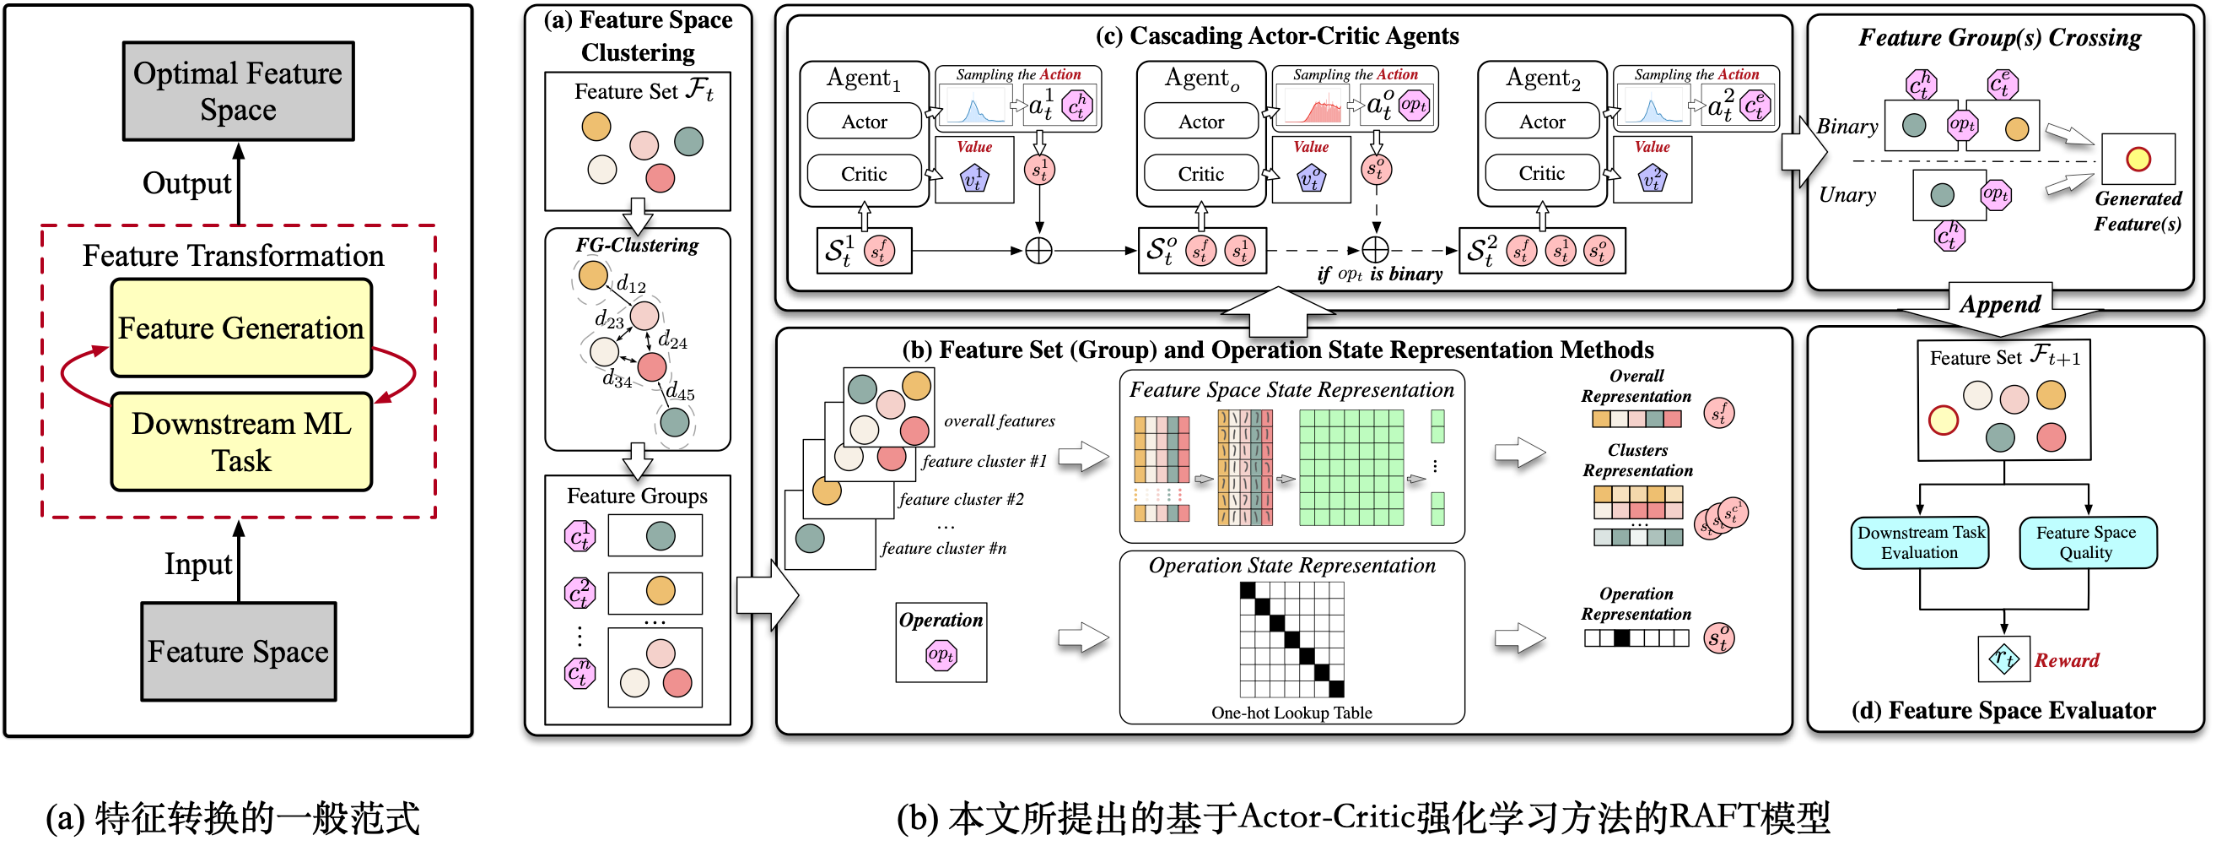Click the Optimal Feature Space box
[238, 91]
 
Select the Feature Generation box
[241, 328]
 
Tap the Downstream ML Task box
[241, 442]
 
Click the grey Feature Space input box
[238, 652]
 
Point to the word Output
[186, 183]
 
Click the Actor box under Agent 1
[864, 122]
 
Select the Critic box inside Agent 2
[1541, 173]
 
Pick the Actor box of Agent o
[1201, 122]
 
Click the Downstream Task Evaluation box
[1920, 543]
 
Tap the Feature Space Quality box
[2087, 543]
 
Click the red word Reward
[2067, 660]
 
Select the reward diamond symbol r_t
[2003, 659]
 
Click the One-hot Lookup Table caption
[1291, 713]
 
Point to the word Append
[2000, 305]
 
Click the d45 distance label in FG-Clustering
[681, 393]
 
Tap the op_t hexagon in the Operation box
[941, 655]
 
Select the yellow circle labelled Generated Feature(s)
[2138, 160]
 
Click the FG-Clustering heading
[637, 246]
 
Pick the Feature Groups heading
[637, 496]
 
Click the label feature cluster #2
[961, 499]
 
